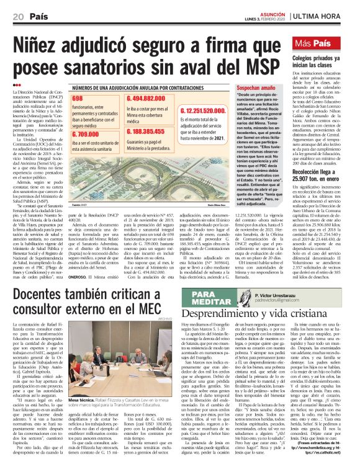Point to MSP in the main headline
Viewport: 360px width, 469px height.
click(x=245, y=69)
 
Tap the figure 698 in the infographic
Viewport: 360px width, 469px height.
click(x=78, y=99)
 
